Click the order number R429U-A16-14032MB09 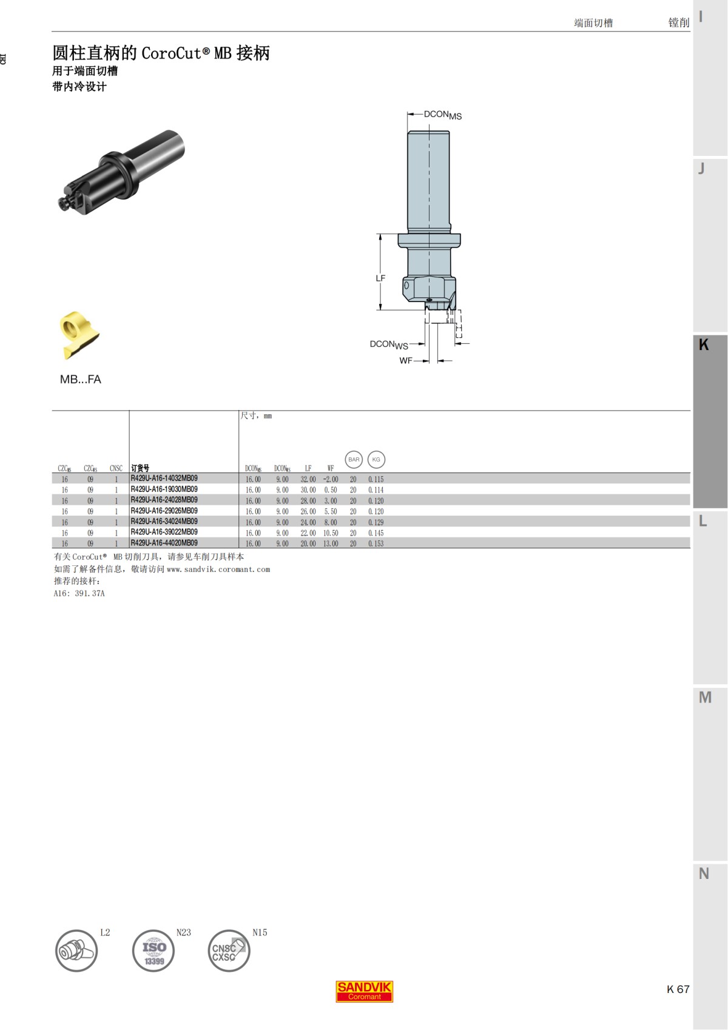coord(164,479)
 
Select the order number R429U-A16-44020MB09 coord(164,544)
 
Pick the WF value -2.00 coord(331,479)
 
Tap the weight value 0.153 coord(376,544)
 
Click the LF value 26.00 coord(308,511)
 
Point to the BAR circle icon coord(354,459)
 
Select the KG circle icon coord(376,459)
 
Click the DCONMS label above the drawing coord(442,115)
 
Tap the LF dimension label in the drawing coord(380,278)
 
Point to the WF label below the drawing coord(406,360)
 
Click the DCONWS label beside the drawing coord(389,344)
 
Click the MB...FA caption coord(81,379)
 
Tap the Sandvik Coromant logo coord(365,991)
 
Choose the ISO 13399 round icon coord(153,951)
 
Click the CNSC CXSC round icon coord(228,951)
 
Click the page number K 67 coord(678,989)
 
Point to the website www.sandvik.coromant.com coord(218,569)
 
